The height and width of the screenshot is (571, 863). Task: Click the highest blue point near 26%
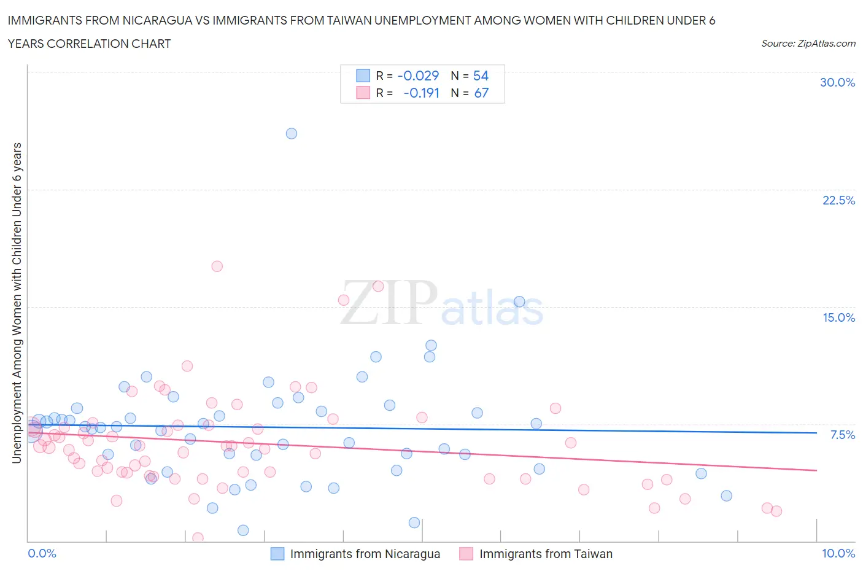click(x=292, y=133)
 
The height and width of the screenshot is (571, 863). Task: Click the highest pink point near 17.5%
click(x=217, y=266)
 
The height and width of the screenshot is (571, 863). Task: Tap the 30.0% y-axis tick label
click(x=837, y=82)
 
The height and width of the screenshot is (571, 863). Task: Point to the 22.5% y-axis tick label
click(x=838, y=200)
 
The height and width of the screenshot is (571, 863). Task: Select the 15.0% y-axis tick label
click(x=838, y=317)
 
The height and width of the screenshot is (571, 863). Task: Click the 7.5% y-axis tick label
click(x=842, y=435)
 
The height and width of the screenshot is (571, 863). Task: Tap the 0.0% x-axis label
click(x=42, y=553)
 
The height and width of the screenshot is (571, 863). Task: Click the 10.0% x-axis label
click(x=838, y=553)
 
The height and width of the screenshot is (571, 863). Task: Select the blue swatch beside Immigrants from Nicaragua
click(x=278, y=554)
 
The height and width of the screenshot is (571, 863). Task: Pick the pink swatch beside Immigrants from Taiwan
click(x=466, y=554)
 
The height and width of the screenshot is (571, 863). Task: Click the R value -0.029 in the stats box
click(x=419, y=76)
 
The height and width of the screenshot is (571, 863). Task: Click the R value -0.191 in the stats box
click(x=422, y=93)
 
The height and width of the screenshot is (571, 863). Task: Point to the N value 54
click(x=481, y=76)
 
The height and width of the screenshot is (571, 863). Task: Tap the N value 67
click(x=481, y=93)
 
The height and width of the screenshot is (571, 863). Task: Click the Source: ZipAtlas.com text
click(x=808, y=43)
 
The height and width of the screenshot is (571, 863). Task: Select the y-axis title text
click(x=17, y=303)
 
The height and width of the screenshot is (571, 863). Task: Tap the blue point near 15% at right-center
click(x=519, y=301)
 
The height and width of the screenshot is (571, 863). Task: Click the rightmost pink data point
click(x=776, y=511)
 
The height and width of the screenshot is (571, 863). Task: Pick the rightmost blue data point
click(x=727, y=495)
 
